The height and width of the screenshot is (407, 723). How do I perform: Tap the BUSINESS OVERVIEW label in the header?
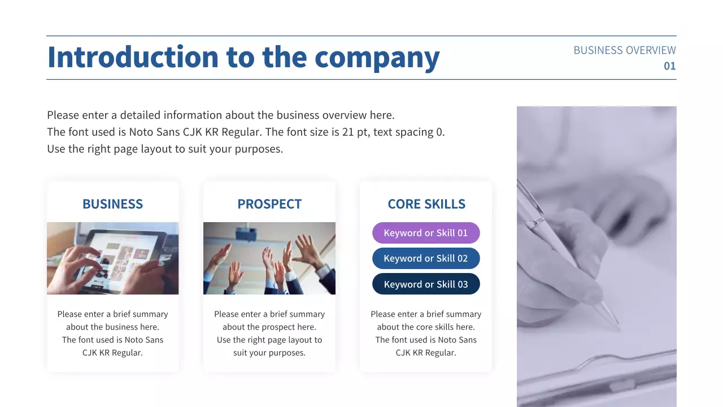pyautogui.click(x=624, y=50)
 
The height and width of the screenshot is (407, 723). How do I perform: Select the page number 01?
pyautogui.click(x=669, y=66)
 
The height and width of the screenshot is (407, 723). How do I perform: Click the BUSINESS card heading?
pyautogui.click(x=112, y=204)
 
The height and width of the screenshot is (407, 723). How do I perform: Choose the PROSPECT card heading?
pyautogui.click(x=269, y=204)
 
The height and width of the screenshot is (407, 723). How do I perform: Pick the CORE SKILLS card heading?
pyautogui.click(x=426, y=204)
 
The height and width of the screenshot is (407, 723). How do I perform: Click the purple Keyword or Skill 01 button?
pyautogui.click(x=426, y=233)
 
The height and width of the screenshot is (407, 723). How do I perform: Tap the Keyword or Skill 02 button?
pyautogui.click(x=426, y=258)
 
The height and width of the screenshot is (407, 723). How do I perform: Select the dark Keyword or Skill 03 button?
pyautogui.click(x=426, y=284)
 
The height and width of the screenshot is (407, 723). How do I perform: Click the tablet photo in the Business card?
pyautogui.click(x=112, y=258)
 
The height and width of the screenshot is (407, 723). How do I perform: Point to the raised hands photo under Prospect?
pyautogui.click(x=269, y=258)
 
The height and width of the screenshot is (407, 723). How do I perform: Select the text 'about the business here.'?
pyautogui.click(x=112, y=327)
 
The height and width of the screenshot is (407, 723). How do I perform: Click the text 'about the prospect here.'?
pyautogui.click(x=269, y=327)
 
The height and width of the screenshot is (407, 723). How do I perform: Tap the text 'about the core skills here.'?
pyautogui.click(x=426, y=327)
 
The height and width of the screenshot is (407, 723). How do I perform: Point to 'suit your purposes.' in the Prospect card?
pyautogui.click(x=269, y=353)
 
